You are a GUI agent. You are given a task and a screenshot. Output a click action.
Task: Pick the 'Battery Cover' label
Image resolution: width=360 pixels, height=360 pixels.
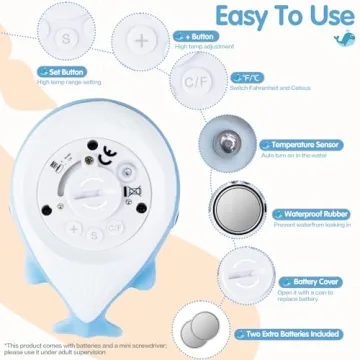(290, 282)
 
